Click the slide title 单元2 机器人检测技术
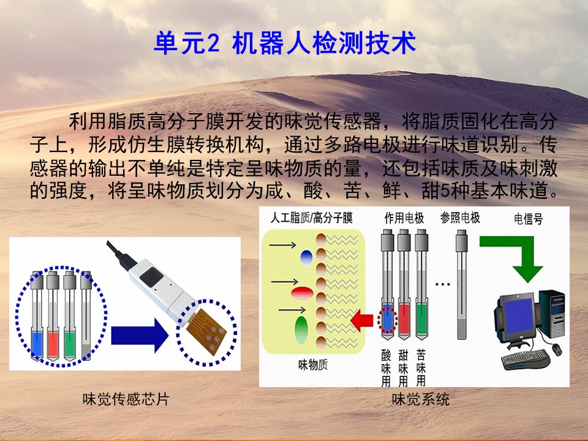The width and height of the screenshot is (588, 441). [x=285, y=43]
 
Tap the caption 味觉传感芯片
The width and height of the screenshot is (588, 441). [x=126, y=399]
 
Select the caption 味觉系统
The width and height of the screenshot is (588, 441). [x=420, y=399]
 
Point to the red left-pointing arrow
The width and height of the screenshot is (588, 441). [x=362, y=320]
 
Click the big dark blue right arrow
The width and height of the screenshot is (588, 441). [x=140, y=335]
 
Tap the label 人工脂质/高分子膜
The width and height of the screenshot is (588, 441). [x=312, y=217]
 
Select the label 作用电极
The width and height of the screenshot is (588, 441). [x=404, y=217]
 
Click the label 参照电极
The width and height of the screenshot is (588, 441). [x=460, y=217]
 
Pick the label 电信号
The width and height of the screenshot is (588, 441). [x=528, y=219]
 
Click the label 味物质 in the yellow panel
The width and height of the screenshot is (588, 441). [x=313, y=365]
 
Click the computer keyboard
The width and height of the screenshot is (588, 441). [x=526, y=358]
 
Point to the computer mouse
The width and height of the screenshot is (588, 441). [x=557, y=350]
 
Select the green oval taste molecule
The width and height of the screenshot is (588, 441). [x=301, y=330]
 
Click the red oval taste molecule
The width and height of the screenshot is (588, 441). [x=302, y=293]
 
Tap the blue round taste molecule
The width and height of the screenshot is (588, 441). [x=306, y=257]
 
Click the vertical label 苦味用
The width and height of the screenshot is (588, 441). [x=421, y=368]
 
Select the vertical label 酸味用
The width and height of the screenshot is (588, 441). [x=386, y=368]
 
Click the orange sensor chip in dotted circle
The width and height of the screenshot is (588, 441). [x=206, y=331]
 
